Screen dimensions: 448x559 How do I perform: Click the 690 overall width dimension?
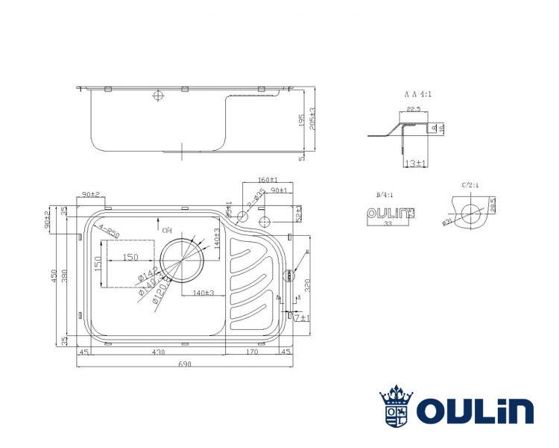(185, 364)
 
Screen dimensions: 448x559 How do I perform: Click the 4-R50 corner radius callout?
(110, 233)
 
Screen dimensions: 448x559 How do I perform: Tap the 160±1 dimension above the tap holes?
(267, 181)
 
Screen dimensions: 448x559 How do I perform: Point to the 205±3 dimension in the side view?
(313, 117)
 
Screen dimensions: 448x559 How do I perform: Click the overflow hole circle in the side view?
(157, 96)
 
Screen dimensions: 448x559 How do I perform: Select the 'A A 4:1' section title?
(419, 95)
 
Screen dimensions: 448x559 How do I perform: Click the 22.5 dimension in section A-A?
(414, 109)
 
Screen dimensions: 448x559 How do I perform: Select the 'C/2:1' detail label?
(470, 184)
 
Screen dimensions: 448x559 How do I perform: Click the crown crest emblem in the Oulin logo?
(397, 408)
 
